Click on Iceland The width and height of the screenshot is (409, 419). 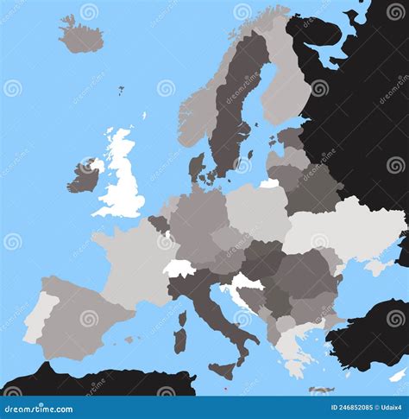click(81, 35)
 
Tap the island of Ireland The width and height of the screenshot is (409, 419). click(85, 177)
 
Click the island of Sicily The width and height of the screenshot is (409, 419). click(222, 371)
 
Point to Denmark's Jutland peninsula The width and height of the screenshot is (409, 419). click(196, 168)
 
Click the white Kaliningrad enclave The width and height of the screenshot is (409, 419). click(270, 183)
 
